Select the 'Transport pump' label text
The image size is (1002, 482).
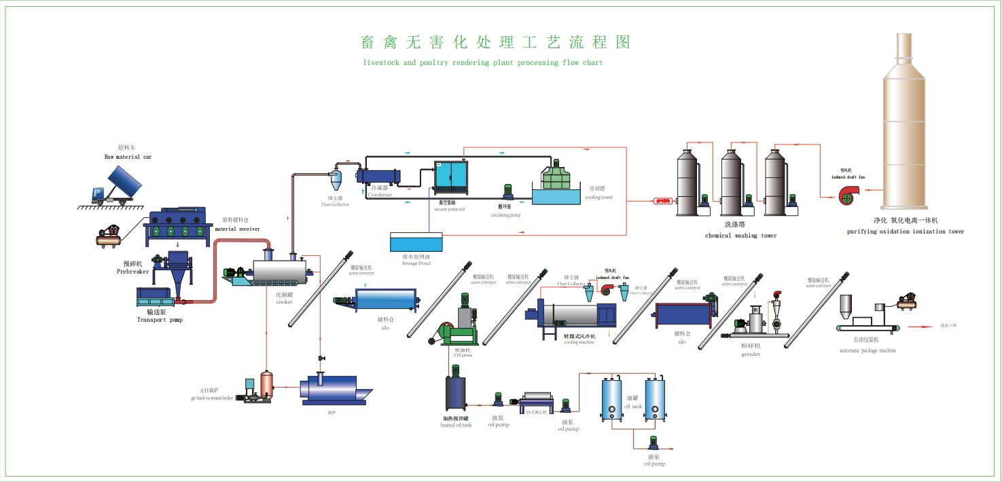pos(160,320)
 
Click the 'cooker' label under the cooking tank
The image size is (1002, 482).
pos(284,302)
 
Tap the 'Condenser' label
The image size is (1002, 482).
pos(380,195)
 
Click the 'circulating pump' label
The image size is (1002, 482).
pos(505,215)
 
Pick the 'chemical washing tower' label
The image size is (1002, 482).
pos(740,236)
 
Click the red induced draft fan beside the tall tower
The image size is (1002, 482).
pos(849,195)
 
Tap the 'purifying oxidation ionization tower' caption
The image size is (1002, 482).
pos(905,231)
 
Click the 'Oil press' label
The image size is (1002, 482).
pos(463,355)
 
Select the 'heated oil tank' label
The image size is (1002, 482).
pos(456,425)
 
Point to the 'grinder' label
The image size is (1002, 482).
pos(751,354)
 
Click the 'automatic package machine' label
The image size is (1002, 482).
pos(867,350)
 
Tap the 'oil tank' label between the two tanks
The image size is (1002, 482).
pos(632,406)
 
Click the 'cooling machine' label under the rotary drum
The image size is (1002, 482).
pos(579,342)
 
